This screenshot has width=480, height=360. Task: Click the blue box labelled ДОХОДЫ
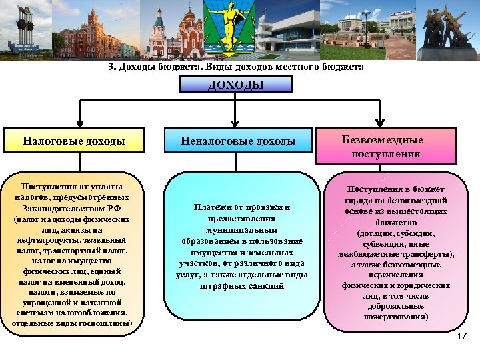click(x=236, y=85)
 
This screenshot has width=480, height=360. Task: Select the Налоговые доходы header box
click(x=73, y=141)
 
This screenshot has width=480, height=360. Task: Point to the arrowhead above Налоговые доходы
click(x=80, y=123)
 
